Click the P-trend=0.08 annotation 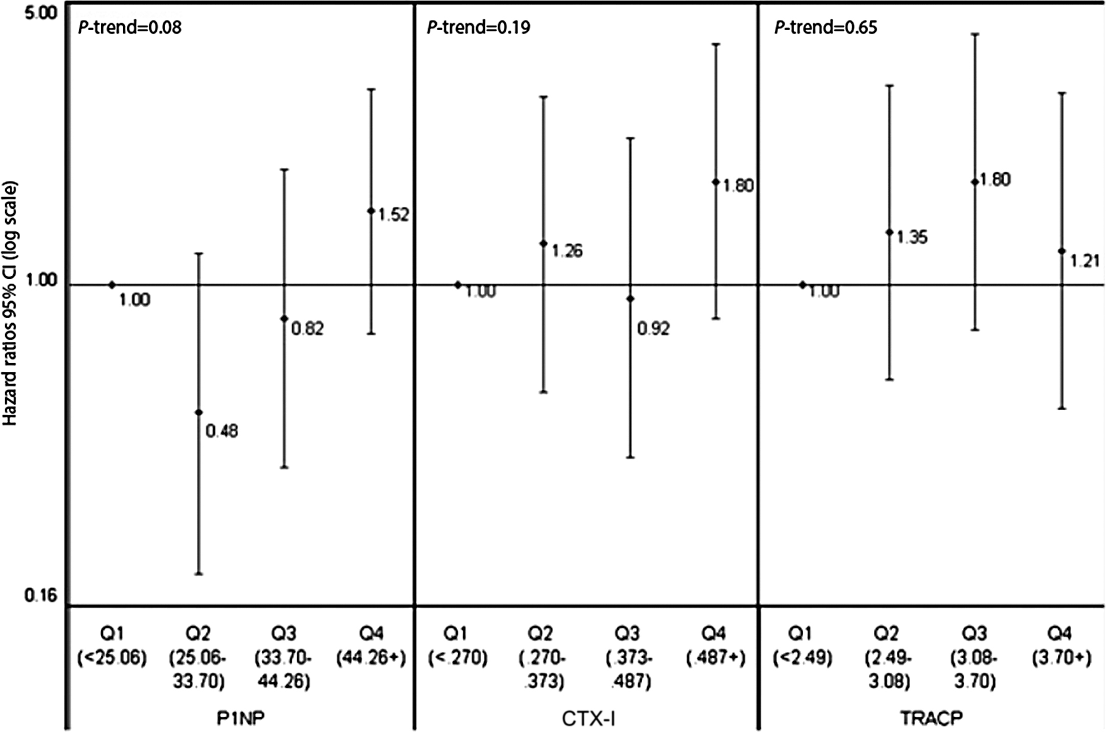click(129, 27)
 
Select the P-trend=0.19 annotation click(478, 27)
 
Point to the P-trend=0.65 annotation click(826, 27)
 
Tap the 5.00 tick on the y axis click(40, 13)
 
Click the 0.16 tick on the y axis click(40, 596)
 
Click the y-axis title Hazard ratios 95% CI click(10, 304)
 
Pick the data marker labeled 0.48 click(199, 412)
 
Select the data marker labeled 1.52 click(371, 210)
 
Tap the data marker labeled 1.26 click(544, 243)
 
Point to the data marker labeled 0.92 click(630, 298)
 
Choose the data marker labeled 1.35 click(890, 232)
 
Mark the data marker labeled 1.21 click(1062, 251)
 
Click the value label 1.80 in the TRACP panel click(996, 180)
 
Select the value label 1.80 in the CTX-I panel click(738, 185)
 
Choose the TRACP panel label click(932, 718)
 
